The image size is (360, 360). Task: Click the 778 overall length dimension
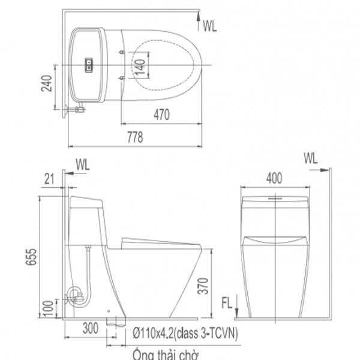click(x=135, y=137)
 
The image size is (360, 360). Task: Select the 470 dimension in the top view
click(x=161, y=115)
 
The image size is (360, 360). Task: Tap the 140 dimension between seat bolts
click(x=140, y=67)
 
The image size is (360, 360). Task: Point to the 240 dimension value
click(x=47, y=83)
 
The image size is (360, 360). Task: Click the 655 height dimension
click(x=31, y=257)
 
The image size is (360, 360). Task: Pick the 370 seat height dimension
click(x=203, y=286)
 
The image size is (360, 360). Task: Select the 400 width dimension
click(x=274, y=178)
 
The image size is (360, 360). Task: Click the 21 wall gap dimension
click(x=49, y=179)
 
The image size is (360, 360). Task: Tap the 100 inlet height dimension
click(x=49, y=308)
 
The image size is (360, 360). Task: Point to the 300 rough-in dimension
click(x=91, y=328)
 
